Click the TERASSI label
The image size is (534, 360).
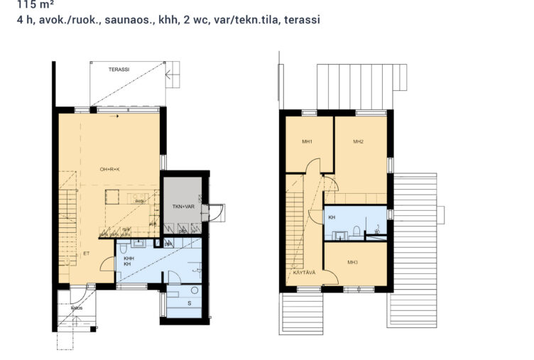click(119, 69)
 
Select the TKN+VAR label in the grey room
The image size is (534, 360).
click(183, 207)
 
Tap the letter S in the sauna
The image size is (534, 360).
click(188, 303)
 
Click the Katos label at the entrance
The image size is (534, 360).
click(77, 308)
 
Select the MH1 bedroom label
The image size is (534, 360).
click(307, 142)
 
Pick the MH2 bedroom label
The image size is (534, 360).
click(358, 142)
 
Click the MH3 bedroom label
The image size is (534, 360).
click(353, 263)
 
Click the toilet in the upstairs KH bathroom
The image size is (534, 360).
click(378, 229)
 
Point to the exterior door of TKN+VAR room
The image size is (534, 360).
click(212, 212)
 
